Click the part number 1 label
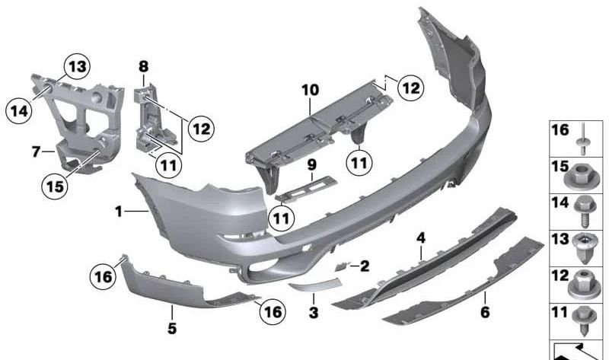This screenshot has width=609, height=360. [x=119, y=211]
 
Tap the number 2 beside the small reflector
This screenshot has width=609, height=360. [x=365, y=266]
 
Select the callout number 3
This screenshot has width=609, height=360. [x=313, y=313]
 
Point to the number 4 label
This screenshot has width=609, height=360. [x=420, y=240]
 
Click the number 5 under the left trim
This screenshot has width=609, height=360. [x=172, y=328]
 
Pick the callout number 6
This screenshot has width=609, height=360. [x=485, y=312]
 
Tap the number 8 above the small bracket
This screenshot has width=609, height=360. [x=143, y=67]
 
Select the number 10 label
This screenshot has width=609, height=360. [x=310, y=90]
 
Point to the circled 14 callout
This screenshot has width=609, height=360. [x=18, y=111]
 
